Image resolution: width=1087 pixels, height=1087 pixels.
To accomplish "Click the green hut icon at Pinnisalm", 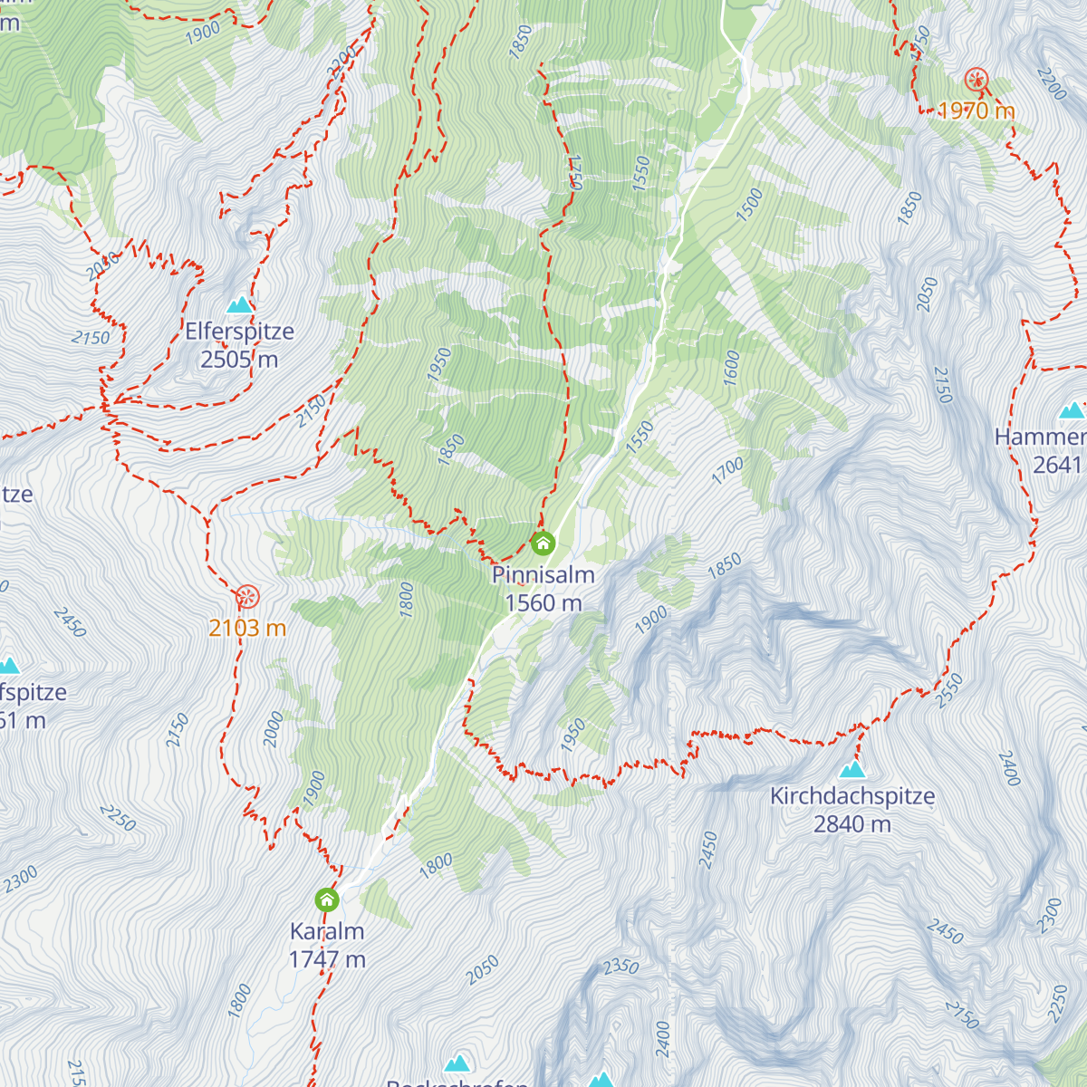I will [543, 543].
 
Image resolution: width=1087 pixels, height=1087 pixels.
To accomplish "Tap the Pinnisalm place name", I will [543, 574].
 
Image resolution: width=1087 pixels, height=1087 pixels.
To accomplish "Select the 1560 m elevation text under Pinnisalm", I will [543, 602].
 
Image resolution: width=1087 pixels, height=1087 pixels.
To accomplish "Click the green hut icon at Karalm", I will [327, 899].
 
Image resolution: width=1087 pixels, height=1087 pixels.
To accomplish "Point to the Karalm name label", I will [327, 930].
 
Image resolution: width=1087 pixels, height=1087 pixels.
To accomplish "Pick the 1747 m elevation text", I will [327, 958].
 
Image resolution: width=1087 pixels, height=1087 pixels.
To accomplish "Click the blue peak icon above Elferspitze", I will [239, 304].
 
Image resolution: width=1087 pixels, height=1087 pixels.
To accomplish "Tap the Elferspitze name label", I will [240, 332].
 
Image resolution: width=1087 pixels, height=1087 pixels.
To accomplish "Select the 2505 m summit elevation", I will [239, 360].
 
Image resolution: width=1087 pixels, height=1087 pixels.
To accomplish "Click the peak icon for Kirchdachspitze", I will [851, 770].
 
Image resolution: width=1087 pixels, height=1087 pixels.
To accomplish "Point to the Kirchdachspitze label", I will [852, 796].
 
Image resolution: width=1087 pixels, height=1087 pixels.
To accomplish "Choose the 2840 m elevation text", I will [852, 824].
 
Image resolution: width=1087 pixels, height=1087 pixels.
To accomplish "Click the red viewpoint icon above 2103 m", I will [247, 596].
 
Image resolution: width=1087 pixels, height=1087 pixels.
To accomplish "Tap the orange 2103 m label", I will [247, 628].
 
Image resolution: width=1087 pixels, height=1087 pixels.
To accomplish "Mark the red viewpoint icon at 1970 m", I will [976, 80].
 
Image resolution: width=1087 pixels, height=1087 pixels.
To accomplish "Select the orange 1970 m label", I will [976, 111].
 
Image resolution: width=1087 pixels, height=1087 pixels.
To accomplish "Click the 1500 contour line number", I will [749, 206].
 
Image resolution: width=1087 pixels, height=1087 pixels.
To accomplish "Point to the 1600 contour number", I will [732, 368].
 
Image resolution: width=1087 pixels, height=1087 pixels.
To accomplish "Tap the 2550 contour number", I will [949, 690].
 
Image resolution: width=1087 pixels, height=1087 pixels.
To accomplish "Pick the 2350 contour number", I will [621, 967].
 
